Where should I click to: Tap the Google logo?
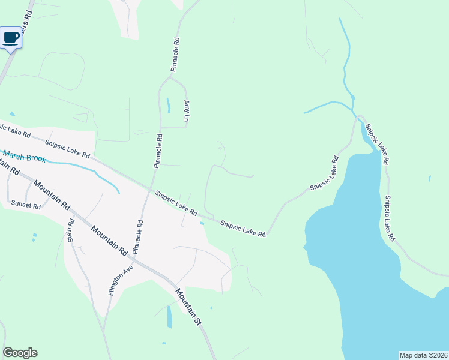[20, 353]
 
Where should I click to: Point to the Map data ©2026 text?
[423, 355]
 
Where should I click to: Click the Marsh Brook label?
[23, 157]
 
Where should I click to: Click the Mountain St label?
[188, 307]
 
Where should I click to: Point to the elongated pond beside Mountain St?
[169, 316]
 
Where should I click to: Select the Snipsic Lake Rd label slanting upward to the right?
[325, 173]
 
